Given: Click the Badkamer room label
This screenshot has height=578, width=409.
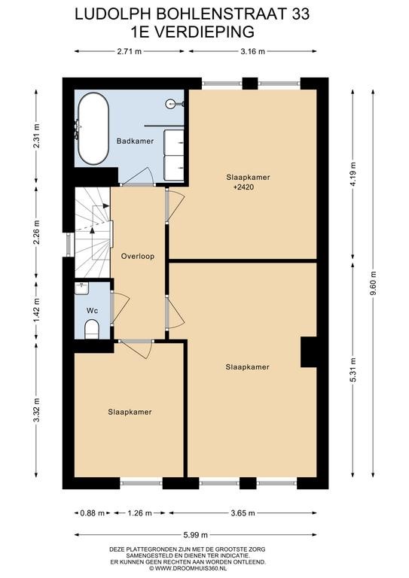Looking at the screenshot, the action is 135,141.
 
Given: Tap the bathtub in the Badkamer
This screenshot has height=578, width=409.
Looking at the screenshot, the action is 93,129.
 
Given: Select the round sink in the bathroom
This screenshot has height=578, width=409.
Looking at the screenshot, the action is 172,105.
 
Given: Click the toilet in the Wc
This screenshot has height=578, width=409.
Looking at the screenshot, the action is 92,329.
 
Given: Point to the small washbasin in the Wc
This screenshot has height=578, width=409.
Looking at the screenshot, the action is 81,288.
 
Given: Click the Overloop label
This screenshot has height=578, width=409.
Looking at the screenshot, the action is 138,256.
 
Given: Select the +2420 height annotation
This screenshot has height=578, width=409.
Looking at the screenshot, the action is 244,187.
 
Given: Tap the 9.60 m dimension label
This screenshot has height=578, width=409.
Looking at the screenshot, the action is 374,283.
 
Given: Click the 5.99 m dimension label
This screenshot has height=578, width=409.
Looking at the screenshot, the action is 196,534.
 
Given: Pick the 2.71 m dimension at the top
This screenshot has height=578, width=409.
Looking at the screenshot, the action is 130,52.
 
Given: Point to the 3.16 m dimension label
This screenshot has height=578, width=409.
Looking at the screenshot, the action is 252,52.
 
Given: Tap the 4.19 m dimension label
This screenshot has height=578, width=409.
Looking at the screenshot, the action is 353,175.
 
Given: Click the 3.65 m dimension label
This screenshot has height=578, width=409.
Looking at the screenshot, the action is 243,513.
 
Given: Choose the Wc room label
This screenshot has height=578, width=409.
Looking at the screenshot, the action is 92,311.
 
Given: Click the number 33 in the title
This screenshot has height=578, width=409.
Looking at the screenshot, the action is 301,14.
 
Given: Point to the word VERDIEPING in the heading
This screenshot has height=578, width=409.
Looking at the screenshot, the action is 203,32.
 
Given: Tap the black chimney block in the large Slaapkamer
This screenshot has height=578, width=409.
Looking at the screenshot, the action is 309,352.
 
